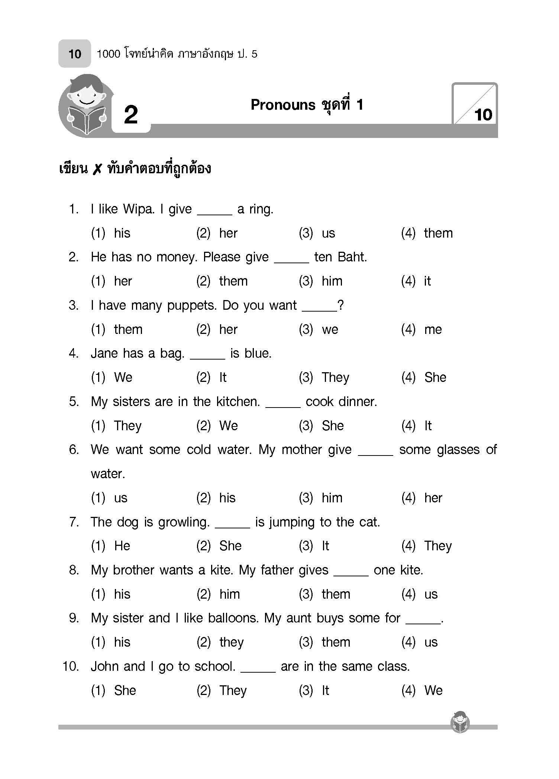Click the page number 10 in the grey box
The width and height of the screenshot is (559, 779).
(x=75, y=54)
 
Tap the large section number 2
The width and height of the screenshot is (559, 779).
(x=131, y=115)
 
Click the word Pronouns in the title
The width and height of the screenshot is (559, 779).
(x=283, y=105)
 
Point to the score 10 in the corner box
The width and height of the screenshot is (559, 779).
(x=483, y=115)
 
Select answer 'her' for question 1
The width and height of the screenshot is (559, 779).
(x=228, y=233)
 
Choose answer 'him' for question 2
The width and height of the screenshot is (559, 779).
(x=332, y=281)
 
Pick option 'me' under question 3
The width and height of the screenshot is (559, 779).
(x=433, y=329)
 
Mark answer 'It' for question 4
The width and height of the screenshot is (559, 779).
(x=223, y=377)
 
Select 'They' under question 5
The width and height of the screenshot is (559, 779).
(x=127, y=425)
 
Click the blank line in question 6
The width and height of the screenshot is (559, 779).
(x=375, y=454)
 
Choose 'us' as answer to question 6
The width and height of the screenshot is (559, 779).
(x=121, y=498)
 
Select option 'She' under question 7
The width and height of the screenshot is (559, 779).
(x=230, y=546)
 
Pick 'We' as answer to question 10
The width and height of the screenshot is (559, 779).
(x=433, y=691)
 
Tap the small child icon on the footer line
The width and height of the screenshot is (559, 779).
(x=460, y=722)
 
